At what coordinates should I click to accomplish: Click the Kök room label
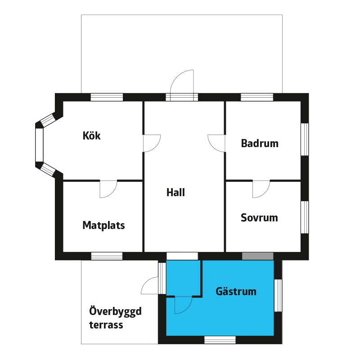coord(91,135)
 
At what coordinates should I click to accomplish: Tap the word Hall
coord(175,193)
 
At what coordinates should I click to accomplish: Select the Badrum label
coord(260,144)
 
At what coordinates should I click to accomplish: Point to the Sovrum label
coord(259,218)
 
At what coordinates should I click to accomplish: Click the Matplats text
coord(103,225)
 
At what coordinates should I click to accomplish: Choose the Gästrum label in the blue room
coord(236,292)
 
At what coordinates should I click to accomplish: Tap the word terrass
coord(106,324)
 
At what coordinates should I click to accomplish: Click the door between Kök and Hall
coord(151,143)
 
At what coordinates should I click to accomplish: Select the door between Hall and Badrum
coord(217,143)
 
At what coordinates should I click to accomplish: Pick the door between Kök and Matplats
coord(108,188)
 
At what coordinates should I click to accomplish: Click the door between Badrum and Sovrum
coord(261,188)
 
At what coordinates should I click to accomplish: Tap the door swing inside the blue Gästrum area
coord(183,305)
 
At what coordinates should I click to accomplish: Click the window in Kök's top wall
coord(107,97)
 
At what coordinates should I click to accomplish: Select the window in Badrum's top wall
coord(257,97)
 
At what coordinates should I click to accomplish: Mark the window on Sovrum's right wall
coord(305,217)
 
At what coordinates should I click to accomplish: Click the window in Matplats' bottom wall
coord(107,256)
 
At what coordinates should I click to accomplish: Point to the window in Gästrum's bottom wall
coord(220,340)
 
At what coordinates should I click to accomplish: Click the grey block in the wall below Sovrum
coord(258,256)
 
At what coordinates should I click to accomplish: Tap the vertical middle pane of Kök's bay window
coord(39,145)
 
